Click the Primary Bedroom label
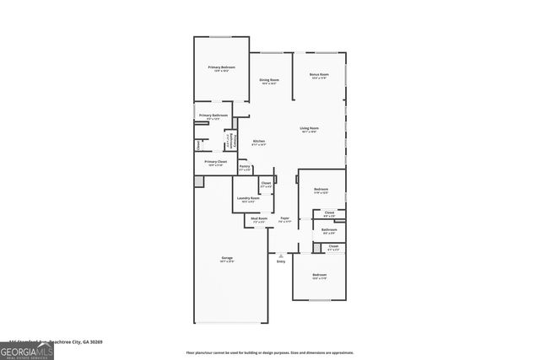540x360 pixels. click(222, 67)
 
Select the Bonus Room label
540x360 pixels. click(319, 75)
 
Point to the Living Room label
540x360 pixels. click(309, 128)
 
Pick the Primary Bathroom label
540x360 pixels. click(213, 115)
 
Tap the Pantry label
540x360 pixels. click(245, 167)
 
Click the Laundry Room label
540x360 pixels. click(248, 198)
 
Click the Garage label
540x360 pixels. click(227, 257)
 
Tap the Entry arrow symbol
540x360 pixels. click(281, 255)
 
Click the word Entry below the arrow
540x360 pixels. click(281, 261)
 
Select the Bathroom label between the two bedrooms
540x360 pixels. click(329, 229)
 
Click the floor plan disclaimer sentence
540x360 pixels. click(270, 352)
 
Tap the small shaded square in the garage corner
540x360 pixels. click(199, 181)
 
